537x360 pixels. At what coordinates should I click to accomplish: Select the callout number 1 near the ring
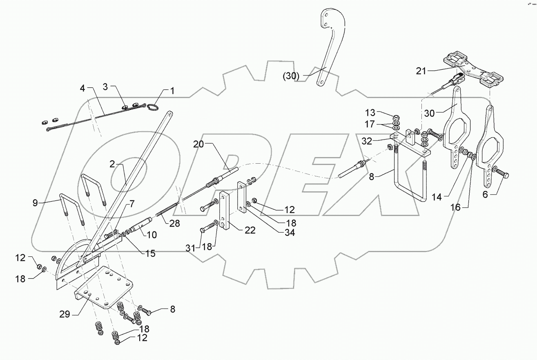(172, 91)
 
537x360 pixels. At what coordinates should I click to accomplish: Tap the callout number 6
(485, 195)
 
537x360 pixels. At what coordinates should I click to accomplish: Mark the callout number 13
(370, 112)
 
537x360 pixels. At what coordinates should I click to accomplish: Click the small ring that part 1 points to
(153, 107)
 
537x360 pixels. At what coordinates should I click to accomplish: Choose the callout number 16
(456, 207)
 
